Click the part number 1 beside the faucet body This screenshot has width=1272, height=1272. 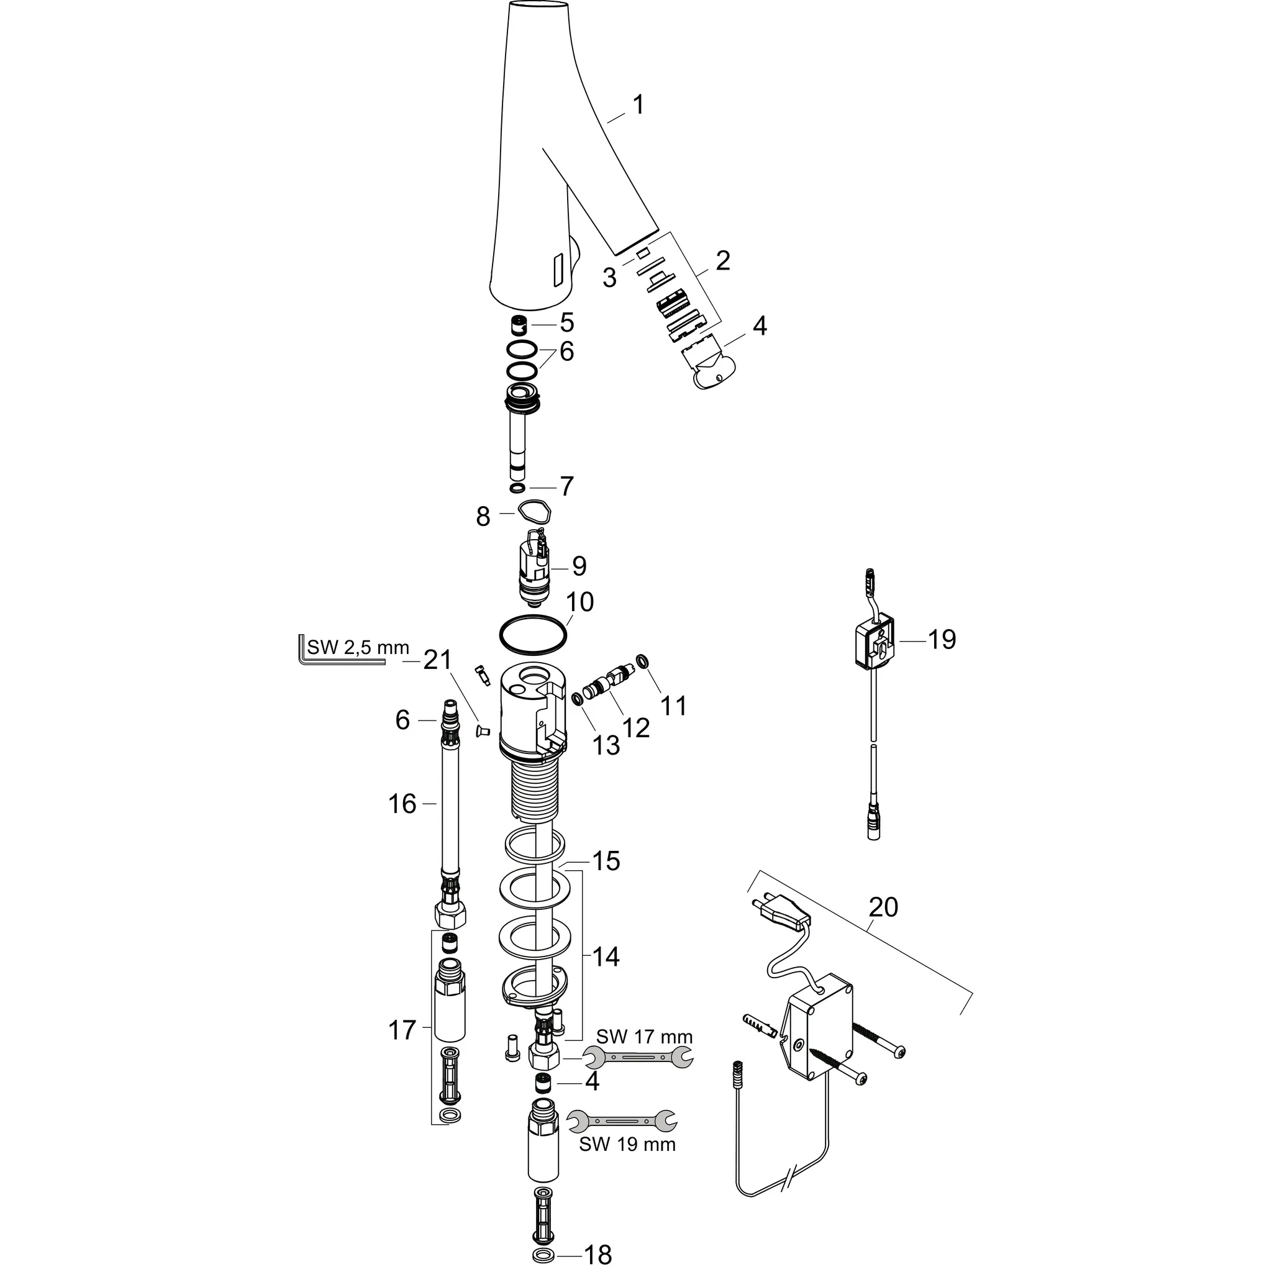tap(638, 106)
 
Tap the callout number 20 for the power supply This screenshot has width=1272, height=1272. tap(883, 907)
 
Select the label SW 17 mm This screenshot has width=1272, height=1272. tap(644, 1037)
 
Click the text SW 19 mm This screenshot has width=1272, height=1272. tap(627, 1144)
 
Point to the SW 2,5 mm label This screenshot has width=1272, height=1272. tap(358, 647)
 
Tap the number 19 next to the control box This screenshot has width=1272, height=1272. tap(942, 639)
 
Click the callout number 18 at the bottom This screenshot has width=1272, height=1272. tap(598, 1255)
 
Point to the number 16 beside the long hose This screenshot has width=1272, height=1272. tap(402, 804)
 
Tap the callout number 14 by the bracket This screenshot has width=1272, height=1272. tap(605, 956)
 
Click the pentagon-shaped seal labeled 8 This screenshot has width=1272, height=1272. tap(534, 511)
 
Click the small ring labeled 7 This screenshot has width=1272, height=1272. tap(517, 488)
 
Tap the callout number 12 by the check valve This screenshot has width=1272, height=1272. tap(635, 727)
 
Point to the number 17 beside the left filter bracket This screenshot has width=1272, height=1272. tap(402, 1030)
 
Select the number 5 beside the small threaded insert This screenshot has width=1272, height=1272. tap(566, 322)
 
